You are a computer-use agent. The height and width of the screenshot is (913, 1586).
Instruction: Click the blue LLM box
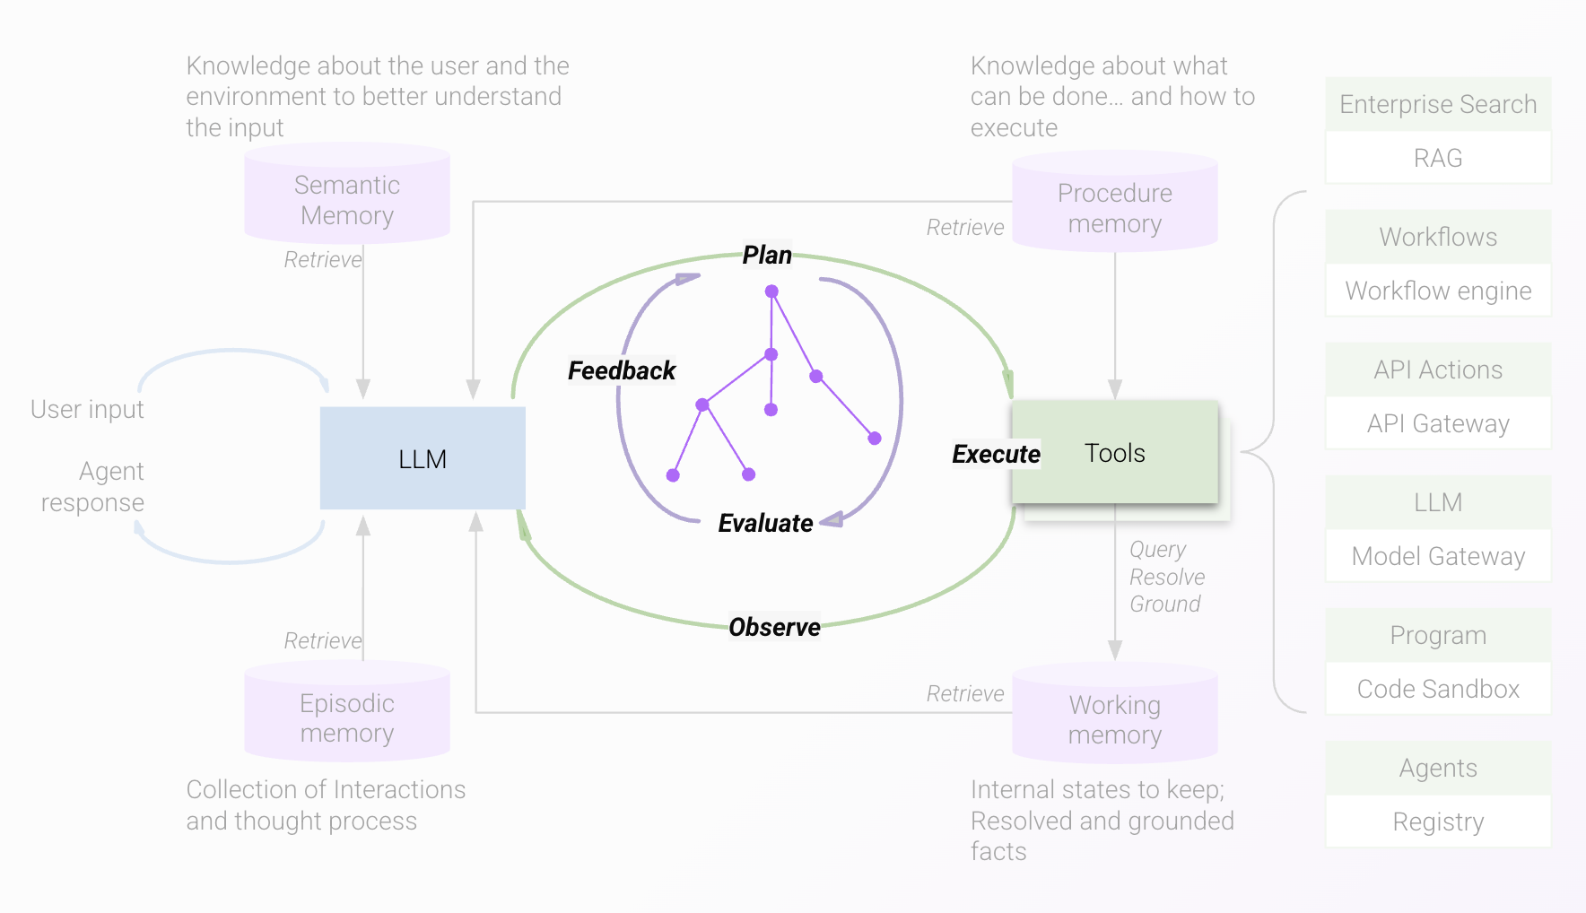pos(423,458)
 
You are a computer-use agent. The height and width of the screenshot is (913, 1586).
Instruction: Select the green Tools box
pos(1115,453)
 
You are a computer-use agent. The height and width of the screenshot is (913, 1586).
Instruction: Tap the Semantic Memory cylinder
pos(347,199)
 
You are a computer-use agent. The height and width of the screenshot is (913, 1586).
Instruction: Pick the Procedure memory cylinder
pos(1115,207)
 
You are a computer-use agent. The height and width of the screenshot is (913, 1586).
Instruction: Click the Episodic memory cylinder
pos(347,717)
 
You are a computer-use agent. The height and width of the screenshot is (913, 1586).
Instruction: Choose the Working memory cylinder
pos(1115,719)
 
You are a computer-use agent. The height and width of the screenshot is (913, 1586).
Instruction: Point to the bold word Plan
pos(767,256)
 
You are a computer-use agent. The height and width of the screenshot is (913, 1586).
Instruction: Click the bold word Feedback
pos(622,370)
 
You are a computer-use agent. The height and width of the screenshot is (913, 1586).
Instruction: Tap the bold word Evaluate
pos(765,523)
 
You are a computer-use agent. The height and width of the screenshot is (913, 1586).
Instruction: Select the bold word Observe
pos(774,627)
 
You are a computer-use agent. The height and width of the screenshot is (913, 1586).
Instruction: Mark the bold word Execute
pos(996,454)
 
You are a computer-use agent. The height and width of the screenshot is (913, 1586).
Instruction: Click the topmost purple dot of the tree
pos(771,291)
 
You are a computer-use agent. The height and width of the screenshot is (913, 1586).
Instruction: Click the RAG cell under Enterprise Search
pos(1438,158)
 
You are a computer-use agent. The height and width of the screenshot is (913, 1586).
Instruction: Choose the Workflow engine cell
pos(1438,291)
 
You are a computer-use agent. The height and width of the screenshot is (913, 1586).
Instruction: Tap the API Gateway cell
pos(1438,423)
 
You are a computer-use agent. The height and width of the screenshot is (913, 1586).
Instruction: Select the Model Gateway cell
pos(1438,556)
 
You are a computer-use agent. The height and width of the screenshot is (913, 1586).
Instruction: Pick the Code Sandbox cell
pos(1438,689)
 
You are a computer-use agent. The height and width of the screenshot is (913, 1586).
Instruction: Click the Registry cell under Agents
pos(1438,822)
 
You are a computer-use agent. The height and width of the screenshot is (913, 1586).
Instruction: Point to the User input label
pos(87,409)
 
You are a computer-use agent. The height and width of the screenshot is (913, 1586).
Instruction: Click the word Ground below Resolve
pos(1164,604)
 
